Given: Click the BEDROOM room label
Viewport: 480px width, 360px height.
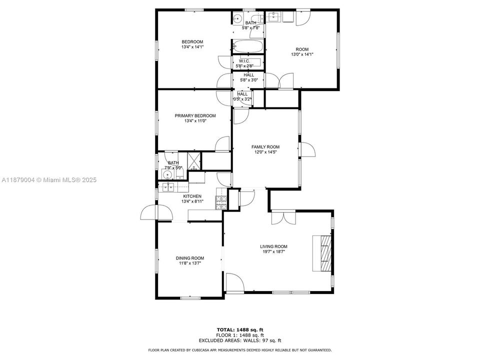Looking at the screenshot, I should point(192,41).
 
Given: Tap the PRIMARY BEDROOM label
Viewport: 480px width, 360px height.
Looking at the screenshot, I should point(195,115).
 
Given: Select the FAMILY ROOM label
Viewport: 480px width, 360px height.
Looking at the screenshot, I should point(265,147).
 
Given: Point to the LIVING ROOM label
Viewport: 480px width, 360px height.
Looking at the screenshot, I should point(273,246).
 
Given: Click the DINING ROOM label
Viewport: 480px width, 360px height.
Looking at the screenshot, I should point(189,258).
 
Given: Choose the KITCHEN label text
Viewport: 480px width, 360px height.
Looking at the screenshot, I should point(192,196).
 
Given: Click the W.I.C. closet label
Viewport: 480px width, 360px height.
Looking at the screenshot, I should point(244,61).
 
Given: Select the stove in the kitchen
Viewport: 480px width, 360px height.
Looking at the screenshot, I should point(220,202).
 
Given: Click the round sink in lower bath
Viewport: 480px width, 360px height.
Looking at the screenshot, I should point(167,175).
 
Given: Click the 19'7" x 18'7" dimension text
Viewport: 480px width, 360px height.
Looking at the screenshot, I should point(273,252).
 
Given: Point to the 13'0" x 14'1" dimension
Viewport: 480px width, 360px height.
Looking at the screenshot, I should point(302,54).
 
